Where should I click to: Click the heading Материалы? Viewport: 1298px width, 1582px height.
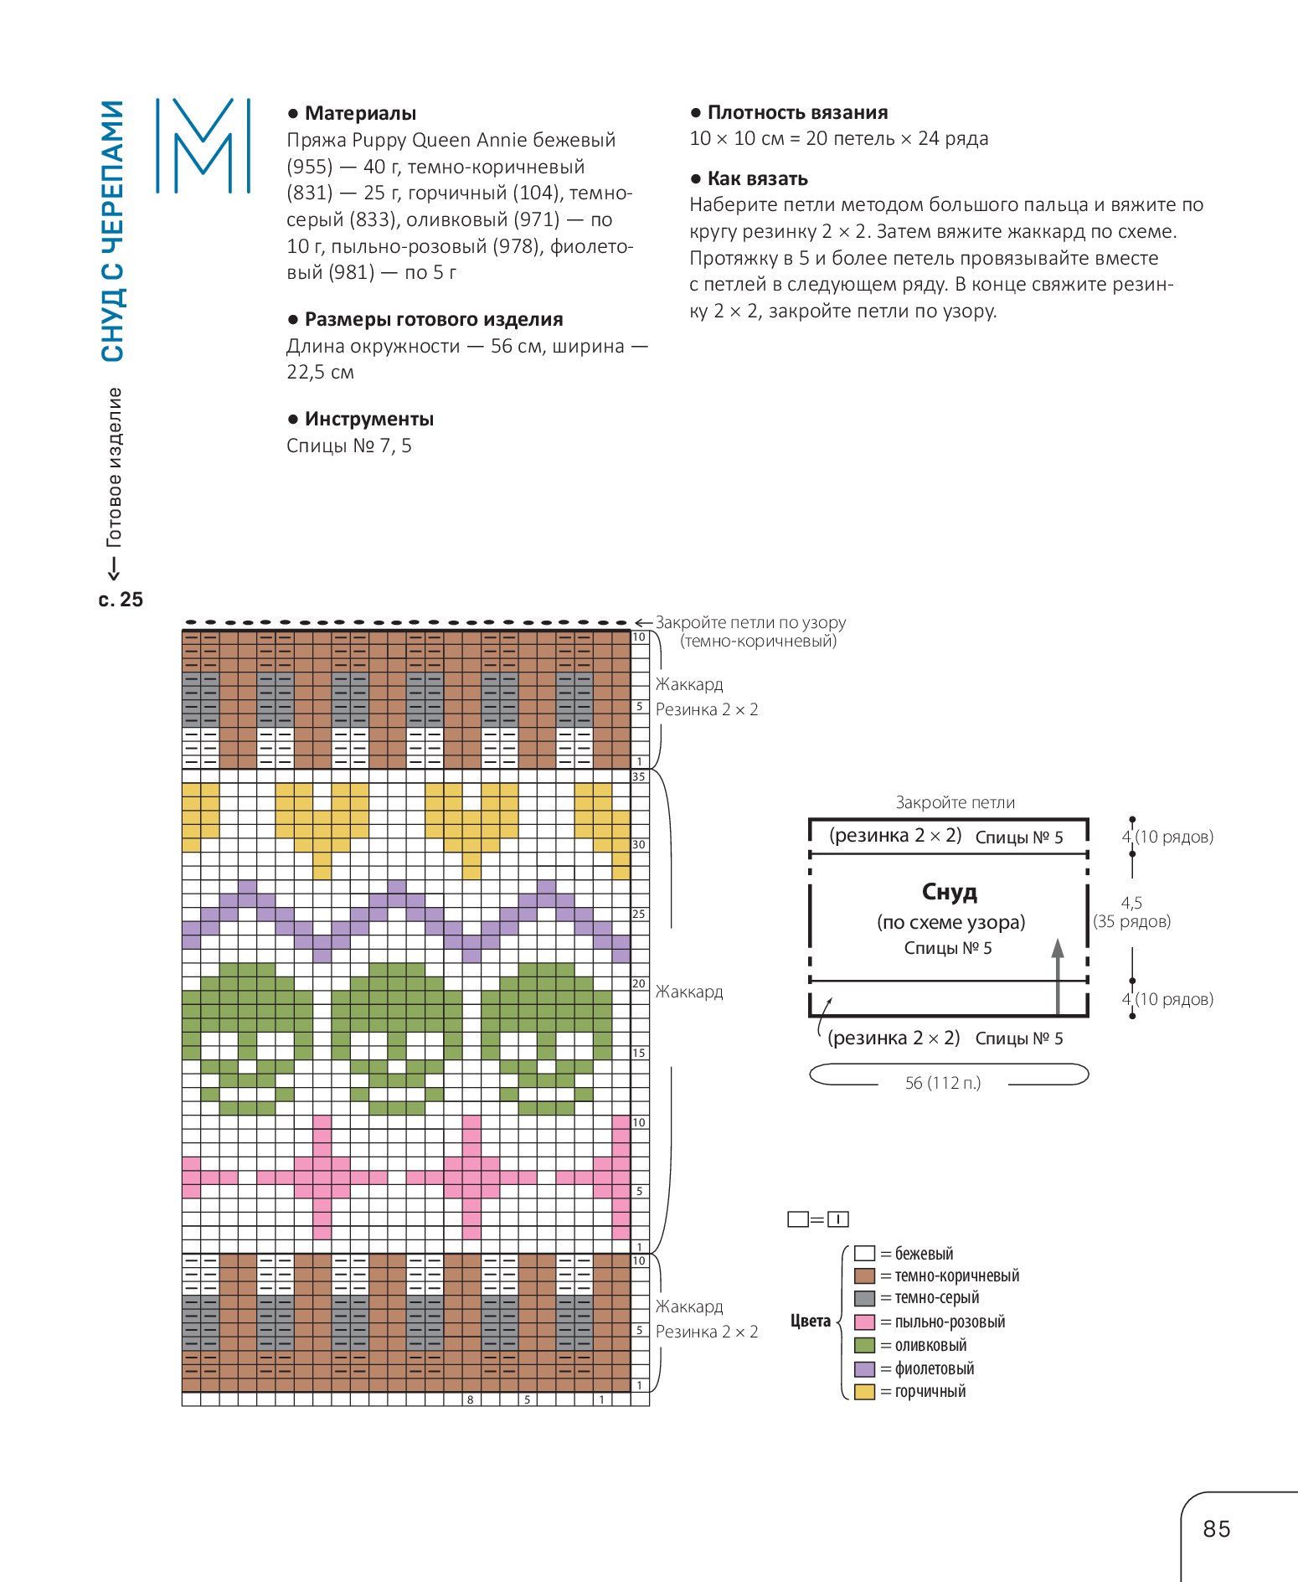[x=360, y=113]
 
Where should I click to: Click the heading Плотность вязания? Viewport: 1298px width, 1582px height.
[x=797, y=112]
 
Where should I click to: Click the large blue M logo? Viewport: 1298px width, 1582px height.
[x=203, y=147]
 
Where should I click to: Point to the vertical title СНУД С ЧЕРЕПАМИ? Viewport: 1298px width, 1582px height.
[x=112, y=231]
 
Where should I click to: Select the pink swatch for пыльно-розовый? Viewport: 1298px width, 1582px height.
[x=864, y=1322]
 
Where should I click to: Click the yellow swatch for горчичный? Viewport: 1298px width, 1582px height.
[x=864, y=1392]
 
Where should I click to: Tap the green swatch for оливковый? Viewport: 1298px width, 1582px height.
[x=864, y=1346]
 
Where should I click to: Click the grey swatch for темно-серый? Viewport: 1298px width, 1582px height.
[x=864, y=1299]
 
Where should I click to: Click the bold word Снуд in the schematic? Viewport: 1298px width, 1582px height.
[x=950, y=892]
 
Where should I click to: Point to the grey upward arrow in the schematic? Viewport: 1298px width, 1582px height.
[x=1058, y=976]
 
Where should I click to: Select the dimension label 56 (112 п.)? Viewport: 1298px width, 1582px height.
[x=943, y=1083]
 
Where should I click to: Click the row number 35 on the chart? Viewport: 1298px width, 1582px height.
[x=639, y=777]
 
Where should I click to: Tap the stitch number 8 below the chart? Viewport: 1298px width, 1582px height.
[x=471, y=1399]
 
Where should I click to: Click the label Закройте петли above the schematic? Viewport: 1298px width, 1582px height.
[x=955, y=802]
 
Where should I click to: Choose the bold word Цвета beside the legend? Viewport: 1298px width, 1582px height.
[x=811, y=1322]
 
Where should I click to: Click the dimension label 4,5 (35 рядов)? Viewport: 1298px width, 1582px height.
[x=1132, y=912]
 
